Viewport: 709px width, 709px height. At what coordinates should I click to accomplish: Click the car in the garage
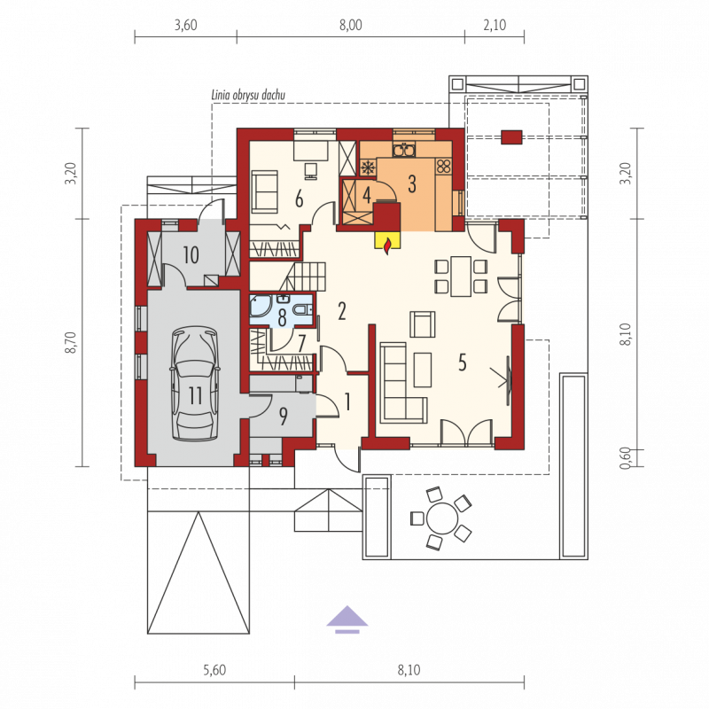(x=195, y=384)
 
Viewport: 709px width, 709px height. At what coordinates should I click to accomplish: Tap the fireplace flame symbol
(x=387, y=247)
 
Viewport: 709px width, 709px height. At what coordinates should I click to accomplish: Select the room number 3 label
(x=412, y=184)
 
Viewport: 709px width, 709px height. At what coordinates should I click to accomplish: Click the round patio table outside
(x=442, y=518)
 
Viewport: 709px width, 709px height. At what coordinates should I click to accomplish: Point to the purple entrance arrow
(x=347, y=619)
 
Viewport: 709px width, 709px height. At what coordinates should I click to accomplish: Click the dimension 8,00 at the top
(x=351, y=25)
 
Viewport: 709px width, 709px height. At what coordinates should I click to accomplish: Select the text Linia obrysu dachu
(x=248, y=95)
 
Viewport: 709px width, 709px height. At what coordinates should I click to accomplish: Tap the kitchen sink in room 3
(x=403, y=149)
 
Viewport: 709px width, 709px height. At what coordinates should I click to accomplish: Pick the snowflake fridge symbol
(x=369, y=168)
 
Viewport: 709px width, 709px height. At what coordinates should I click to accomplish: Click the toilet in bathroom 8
(x=301, y=309)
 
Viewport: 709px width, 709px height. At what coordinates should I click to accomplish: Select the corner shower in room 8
(x=261, y=306)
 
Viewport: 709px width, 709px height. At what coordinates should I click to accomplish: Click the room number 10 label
(x=191, y=255)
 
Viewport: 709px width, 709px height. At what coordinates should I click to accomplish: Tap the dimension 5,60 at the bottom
(x=214, y=670)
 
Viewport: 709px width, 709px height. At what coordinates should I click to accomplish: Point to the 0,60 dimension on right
(x=625, y=458)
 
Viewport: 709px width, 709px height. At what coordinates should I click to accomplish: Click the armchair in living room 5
(x=423, y=324)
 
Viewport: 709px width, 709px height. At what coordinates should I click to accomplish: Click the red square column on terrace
(x=511, y=137)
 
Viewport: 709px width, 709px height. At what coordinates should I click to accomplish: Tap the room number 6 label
(x=299, y=199)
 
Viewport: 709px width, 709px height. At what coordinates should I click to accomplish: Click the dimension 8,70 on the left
(x=72, y=342)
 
